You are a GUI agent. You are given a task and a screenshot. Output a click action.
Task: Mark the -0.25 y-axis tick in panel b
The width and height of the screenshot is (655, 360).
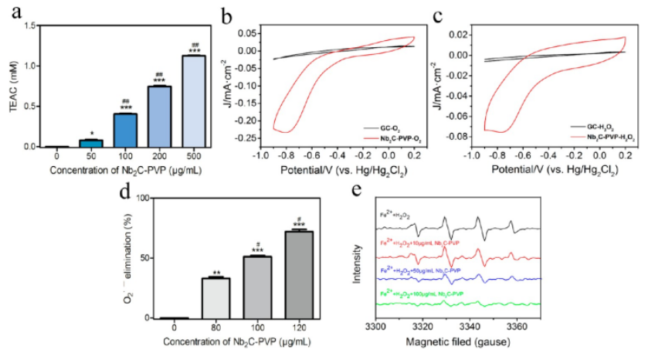[x=246, y=138]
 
